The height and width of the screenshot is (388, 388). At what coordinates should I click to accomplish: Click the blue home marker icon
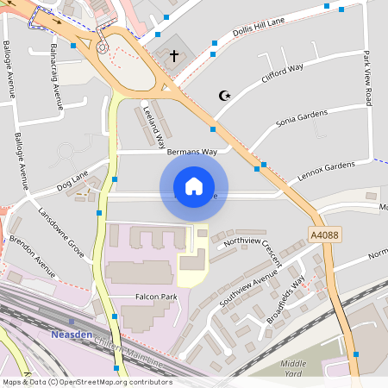point(194,186)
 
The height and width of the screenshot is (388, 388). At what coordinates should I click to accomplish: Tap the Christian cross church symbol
point(173,56)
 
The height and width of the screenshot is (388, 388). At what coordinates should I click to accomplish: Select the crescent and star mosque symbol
point(226,96)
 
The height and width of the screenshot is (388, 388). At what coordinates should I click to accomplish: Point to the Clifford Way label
point(282,72)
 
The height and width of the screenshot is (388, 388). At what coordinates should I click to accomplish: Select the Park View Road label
point(368,78)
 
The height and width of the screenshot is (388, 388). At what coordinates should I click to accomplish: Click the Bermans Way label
point(191,152)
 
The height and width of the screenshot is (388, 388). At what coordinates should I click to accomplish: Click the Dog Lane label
point(72,180)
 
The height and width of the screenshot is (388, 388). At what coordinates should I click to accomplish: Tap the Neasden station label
point(72,334)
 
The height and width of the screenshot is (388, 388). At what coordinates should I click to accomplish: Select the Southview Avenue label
point(249,287)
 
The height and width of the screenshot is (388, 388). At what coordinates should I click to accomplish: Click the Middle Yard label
point(294,368)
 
